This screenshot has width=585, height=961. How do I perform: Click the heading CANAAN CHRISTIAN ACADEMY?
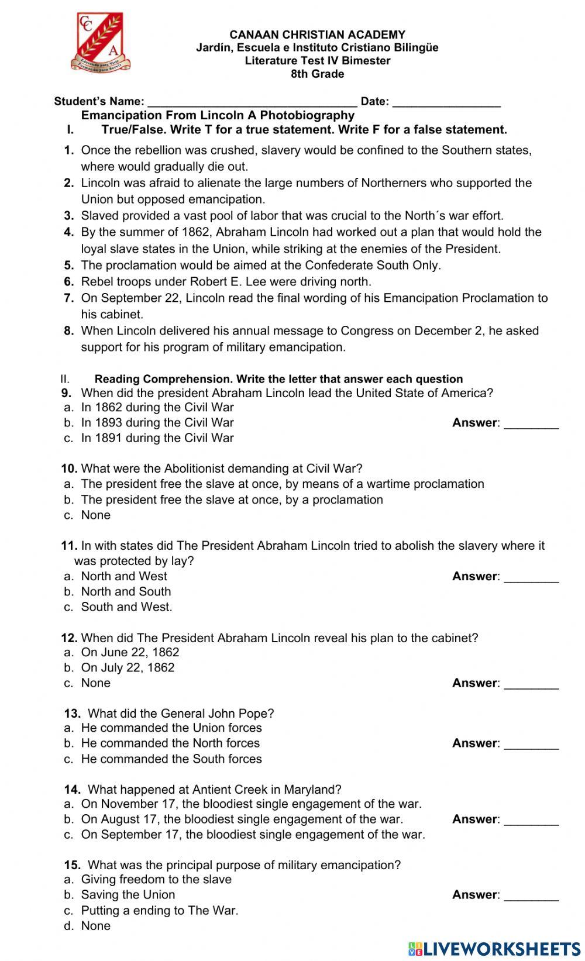coord(317,35)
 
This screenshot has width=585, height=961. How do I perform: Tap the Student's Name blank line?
coord(252,102)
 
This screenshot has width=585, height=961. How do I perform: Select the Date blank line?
coord(446,102)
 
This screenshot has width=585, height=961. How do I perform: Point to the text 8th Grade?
coord(317,74)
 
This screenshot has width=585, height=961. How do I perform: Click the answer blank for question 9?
coord(531,423)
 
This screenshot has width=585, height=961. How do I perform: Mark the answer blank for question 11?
coord(531,577)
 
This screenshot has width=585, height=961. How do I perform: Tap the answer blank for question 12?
coord(531,684)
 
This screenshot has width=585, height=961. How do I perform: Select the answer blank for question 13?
coord(531,744)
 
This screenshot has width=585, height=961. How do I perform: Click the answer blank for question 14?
coord(531,820)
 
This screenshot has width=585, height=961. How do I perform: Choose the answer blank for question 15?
coord(531,895)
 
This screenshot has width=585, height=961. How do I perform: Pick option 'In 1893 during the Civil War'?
coord(157,423)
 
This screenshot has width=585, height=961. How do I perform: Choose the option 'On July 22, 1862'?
coord(128,668)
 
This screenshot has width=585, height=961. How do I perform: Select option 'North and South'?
coord(126,592)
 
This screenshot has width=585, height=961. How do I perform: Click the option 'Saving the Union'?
coord(128,895)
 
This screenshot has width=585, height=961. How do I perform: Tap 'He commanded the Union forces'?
coord(171,728)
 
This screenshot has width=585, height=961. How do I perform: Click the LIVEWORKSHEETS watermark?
coord(494,948)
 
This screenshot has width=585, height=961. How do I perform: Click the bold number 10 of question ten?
coord(69,469)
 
